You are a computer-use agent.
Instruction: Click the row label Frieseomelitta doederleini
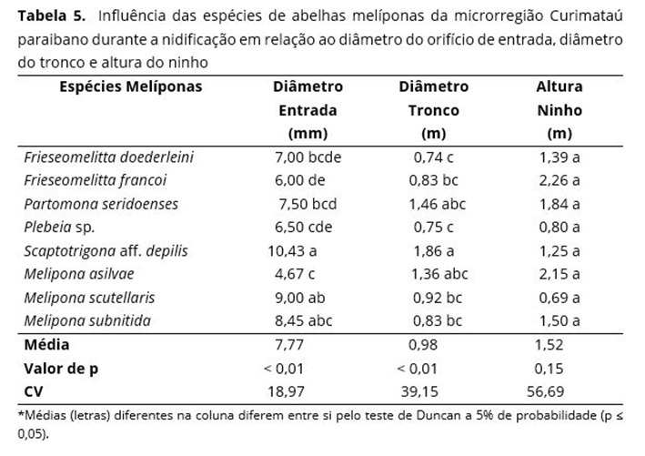pos(108,157)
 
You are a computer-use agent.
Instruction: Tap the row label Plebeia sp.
pos(59,227)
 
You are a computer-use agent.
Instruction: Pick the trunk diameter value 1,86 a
pos(432,250)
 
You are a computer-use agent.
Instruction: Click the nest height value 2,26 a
pos(558,180)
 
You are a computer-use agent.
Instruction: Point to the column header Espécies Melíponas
pos(117,87)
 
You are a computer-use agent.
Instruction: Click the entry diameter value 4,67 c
pos(301,274)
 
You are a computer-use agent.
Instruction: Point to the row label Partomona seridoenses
pos(101,203)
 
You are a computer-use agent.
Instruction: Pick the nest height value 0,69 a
pos(558,298)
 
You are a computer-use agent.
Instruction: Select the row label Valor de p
pos(60,369)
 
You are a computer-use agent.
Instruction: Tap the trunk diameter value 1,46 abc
pos(438,203)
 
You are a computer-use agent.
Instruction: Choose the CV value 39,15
pos(428,391)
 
